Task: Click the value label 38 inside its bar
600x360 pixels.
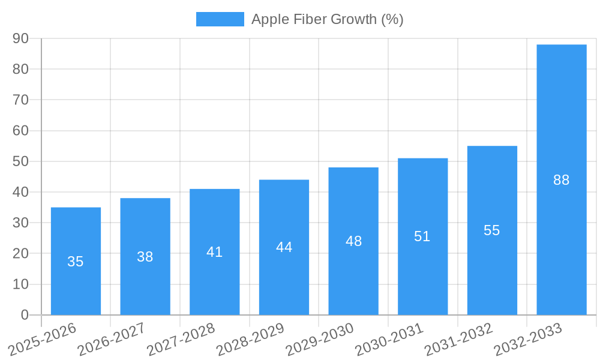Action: [x=145, y=257]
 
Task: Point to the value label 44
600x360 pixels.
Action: [x=284, y=247]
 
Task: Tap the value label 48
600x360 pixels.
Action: [x=353, y=241]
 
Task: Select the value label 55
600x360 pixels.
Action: [x=491, y=230]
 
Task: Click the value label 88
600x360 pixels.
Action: [x=561, y=180]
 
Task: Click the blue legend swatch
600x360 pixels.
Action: [x=220, y=19]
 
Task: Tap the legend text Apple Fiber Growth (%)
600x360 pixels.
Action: [x=327, y=19]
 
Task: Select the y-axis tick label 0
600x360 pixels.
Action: [x=25, y=315]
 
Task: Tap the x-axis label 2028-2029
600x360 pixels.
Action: [x=251, y=338]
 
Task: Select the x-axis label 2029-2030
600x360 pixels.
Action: [x=320, y=338]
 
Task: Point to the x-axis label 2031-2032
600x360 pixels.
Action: [x=459, y=338]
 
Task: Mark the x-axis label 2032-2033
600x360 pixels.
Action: [x=529, y=338]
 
